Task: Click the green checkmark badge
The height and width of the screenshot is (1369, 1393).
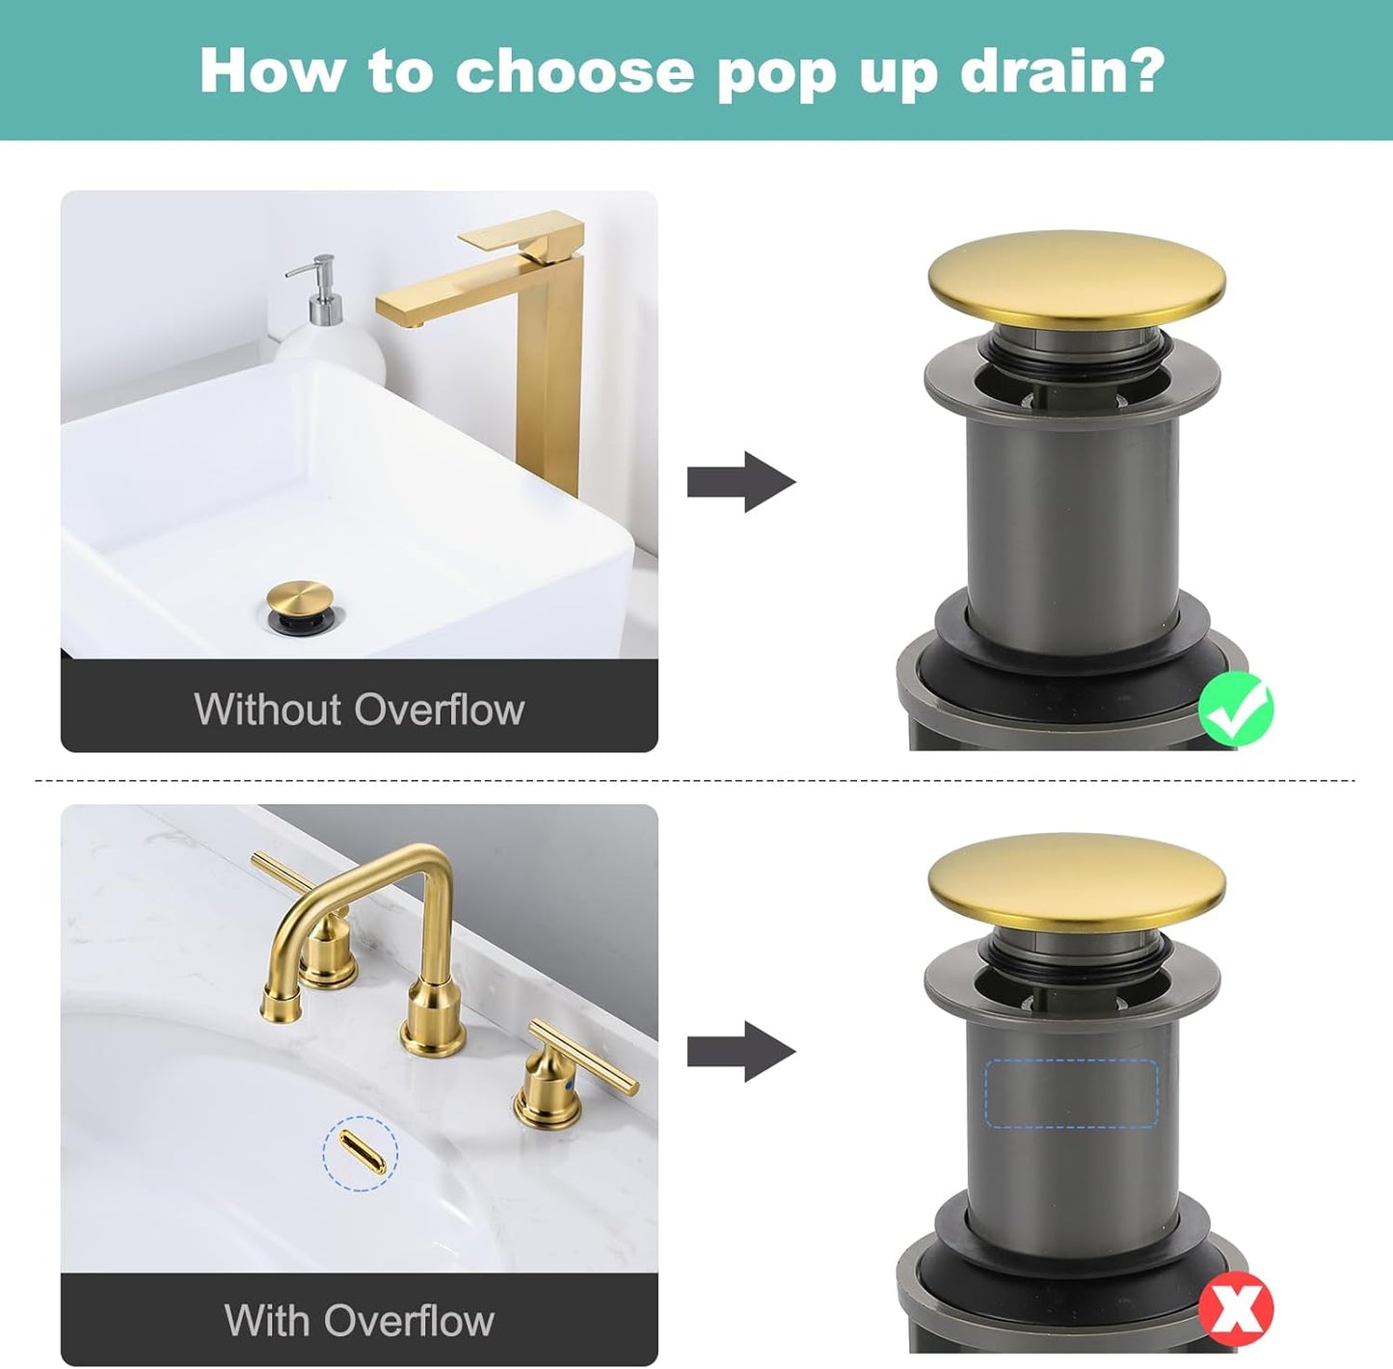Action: (x=1235, y=710)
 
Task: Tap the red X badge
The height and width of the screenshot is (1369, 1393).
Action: (x=1236, y=1309)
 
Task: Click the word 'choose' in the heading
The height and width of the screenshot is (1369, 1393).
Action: (x=575, y=71)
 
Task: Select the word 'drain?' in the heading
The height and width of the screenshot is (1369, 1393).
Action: (x=1062, y=71)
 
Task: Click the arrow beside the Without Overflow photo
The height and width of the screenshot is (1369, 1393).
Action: (x=740, y=481)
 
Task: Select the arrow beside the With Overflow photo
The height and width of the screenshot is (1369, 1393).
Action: (x=740, y=1051)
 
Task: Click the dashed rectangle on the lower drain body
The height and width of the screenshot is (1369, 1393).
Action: (x=1070, y=1093)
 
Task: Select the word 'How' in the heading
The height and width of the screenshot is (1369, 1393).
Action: (x=271, y=71)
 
